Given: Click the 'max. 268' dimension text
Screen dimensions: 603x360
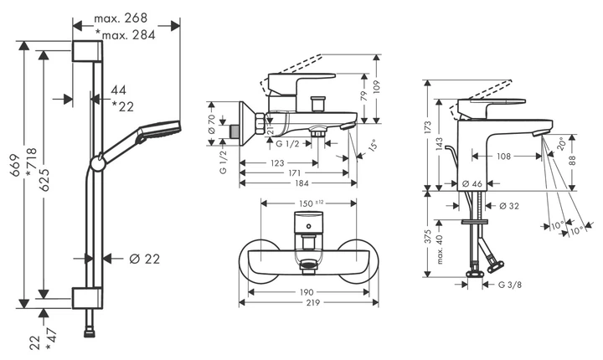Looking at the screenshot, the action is tap(121, 18).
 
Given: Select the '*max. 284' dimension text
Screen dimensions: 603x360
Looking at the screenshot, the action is tap(126, 35).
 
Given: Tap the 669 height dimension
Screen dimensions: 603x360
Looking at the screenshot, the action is tap(15, 165).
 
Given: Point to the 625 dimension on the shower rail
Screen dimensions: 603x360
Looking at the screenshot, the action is tap(44, 180).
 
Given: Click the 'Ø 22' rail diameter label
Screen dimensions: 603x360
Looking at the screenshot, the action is tap(145, 259).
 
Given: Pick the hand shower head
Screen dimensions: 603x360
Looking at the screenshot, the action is tap(160, 131).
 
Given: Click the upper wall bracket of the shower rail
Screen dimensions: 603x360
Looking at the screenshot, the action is tap(87, 51).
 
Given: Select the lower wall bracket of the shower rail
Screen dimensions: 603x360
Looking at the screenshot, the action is tap(87, 298).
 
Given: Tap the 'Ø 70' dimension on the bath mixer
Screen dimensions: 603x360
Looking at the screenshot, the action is tap(211, 124).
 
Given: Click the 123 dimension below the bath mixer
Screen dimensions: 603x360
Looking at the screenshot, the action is tap(277, 163).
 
